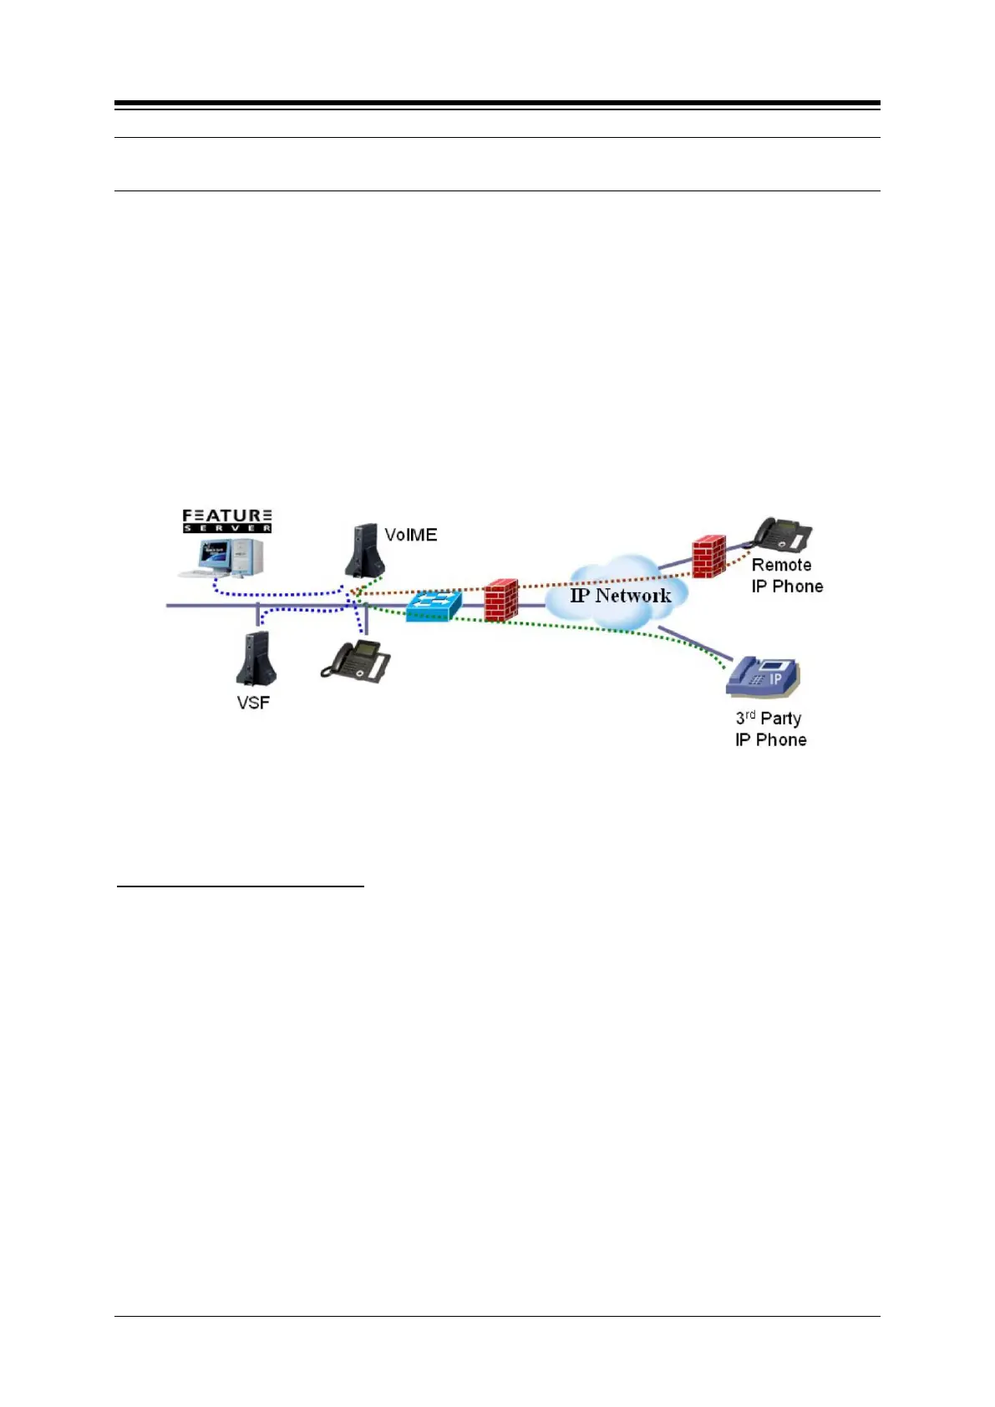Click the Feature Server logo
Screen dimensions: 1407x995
pos(227,521)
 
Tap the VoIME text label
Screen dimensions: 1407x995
pos(410,535)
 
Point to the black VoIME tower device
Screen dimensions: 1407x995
pos(364,551)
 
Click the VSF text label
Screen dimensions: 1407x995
pos(253,703)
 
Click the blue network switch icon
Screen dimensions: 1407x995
pos(433,605)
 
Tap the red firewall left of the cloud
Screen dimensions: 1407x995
pos(501,600)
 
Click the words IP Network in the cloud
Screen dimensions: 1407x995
pos(621,596)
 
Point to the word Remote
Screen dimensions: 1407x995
pos(781,565)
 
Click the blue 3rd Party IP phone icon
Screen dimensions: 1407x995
pos(764,677)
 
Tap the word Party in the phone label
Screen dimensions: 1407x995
pos(780,719)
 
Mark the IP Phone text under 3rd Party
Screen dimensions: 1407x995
pos(770,740)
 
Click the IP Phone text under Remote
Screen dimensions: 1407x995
pos(787,587)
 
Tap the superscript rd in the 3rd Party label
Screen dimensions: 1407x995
pos(750,714)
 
